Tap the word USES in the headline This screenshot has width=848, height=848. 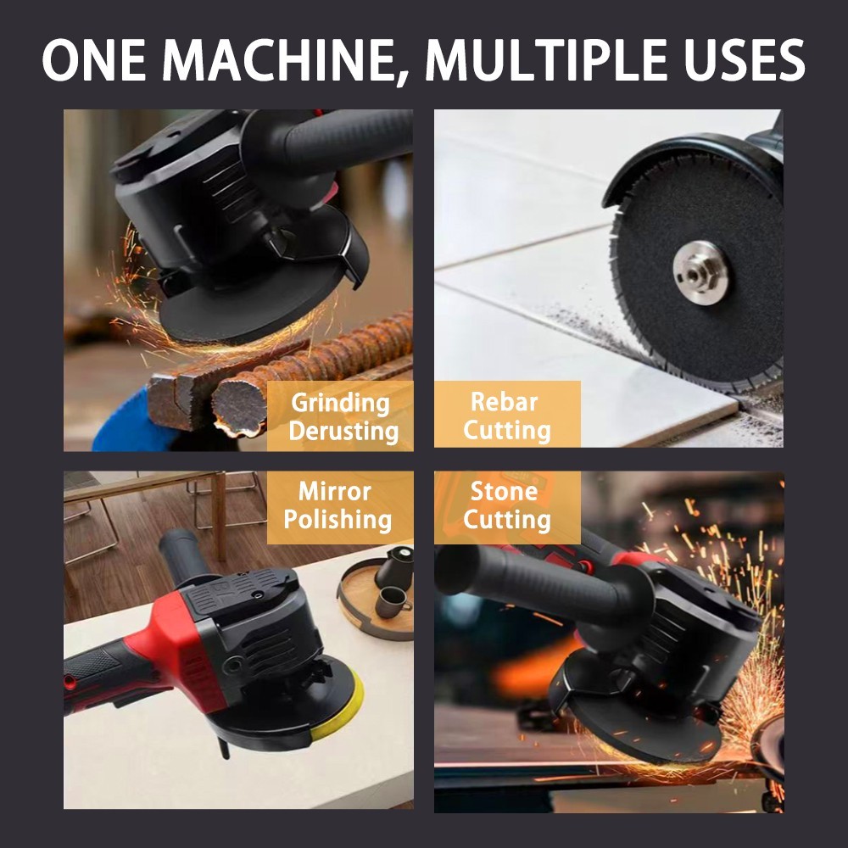click(x=745, y=59)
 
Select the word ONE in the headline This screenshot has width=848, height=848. click(x=95, y=59)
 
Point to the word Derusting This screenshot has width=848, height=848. click(x=343, y=431)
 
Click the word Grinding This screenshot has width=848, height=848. click(x=340, y=404)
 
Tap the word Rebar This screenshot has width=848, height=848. click(x=504, y=402)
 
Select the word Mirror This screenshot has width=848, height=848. click(x=335, y=492)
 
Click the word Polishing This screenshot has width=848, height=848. click(x=338, y=520)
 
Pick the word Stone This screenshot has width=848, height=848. click(x=504, y=491)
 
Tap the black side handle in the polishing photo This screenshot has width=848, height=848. click(x=184, y=557)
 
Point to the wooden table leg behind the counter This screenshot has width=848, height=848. click(x=219, y=516)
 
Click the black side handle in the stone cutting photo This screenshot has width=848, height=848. click(x=541, y=584)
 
